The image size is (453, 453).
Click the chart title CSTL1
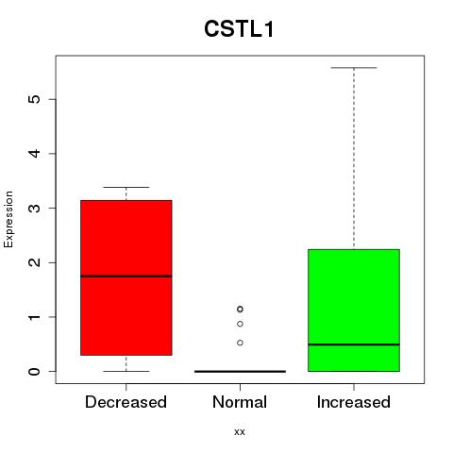click(x=239, y=29)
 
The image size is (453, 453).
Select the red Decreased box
click(x=126, y=277)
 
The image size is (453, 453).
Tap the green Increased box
click(x=354, y=310)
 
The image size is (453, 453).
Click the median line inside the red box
click(x=126, y=277)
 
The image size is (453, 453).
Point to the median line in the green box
click(x=354, y=344)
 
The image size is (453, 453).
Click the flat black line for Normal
click(x=240, y=371)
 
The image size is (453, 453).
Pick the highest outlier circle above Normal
click(x=240, y=310)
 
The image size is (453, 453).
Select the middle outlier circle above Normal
click(x=240, y=324)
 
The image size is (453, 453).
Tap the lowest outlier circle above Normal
click(x=240, y=343)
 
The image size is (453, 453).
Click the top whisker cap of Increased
click(x=354, y=68)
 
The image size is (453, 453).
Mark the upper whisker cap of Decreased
click(x=126, y=187)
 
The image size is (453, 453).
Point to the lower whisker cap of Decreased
click(x=126, y=371)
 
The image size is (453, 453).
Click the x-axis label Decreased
click(x=126, y=402)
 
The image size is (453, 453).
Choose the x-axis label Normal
click(x=240, y=402)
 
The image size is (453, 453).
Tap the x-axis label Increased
click(x=354, y=402)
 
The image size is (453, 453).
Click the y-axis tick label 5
click(x=34, y=99)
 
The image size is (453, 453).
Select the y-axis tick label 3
click(x=34, y=208)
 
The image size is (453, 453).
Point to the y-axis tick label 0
click(x=34, y=371)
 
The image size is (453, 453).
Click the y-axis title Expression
click(x=8, y=219)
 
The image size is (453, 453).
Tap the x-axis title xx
click(x=240, y=431)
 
